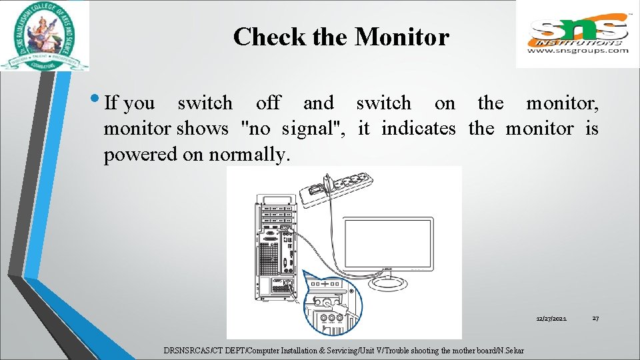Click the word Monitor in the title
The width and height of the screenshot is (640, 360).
[x=402, y=37]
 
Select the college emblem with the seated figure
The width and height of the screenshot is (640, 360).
[x=44, y=35]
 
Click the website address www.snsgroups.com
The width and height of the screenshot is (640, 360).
[x=578, y=50]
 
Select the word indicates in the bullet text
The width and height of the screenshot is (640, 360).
[x=419, y=128]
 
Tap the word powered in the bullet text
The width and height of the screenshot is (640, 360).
[x=136, y=155]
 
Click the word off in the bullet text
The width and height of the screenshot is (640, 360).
[x=268, y=103]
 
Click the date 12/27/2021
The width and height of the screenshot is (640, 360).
[x=552, y=319]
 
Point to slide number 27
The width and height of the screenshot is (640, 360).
[x=595, y=319]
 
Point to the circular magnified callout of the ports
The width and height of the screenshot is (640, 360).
[x=331, y=303]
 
